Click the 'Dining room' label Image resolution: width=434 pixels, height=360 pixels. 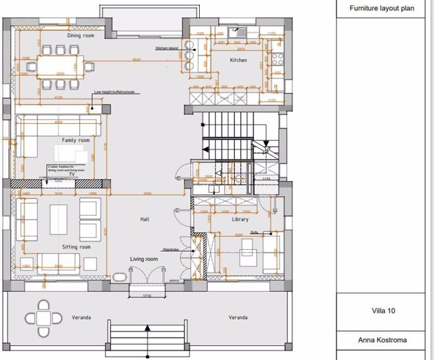[x=81, y=35]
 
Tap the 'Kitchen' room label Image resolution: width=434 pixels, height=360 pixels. [x=238, y=60]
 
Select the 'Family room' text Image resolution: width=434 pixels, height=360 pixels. [x=76, y=140]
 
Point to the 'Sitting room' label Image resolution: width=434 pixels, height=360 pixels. [x=76, y=247]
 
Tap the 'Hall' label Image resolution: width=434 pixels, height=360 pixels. [x=144, y=219]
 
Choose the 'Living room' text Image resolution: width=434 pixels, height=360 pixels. [x=144, y=259]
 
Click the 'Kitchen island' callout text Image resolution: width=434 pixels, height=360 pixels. [x=166, y=49]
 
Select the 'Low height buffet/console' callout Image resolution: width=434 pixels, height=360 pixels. [x=116, y=92]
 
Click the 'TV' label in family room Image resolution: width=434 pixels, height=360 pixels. [x=60, y=173]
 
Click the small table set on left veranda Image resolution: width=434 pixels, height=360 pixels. [x=42, y=317]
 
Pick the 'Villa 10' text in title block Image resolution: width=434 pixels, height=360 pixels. [x=383, y=312]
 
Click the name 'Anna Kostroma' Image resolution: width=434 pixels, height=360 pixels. [x=383, y=340]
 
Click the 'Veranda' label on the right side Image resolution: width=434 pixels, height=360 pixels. [x=237, y=317]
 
